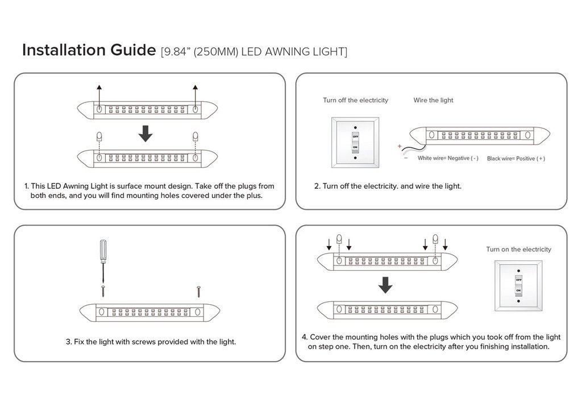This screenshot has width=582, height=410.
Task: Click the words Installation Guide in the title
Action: [x=88, y=50]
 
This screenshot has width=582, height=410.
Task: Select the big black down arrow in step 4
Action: [x=386, y=285]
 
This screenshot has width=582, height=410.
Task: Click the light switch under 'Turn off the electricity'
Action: [x=355, y=142]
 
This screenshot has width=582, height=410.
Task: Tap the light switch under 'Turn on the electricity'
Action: [x=518, y=285]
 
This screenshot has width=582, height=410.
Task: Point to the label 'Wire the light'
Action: [x=433, y=100]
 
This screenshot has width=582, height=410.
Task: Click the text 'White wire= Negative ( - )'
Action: [x=448, y=158]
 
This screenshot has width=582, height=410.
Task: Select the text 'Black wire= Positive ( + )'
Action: [x=516, y=159]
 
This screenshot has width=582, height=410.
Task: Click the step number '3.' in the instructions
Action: [x=69, y=342]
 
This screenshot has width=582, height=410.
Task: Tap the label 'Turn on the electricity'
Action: [x=518, y=249]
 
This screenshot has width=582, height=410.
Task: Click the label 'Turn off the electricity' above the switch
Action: [x=355, y=100]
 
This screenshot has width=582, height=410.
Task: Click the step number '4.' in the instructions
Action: [x=305, y=337]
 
